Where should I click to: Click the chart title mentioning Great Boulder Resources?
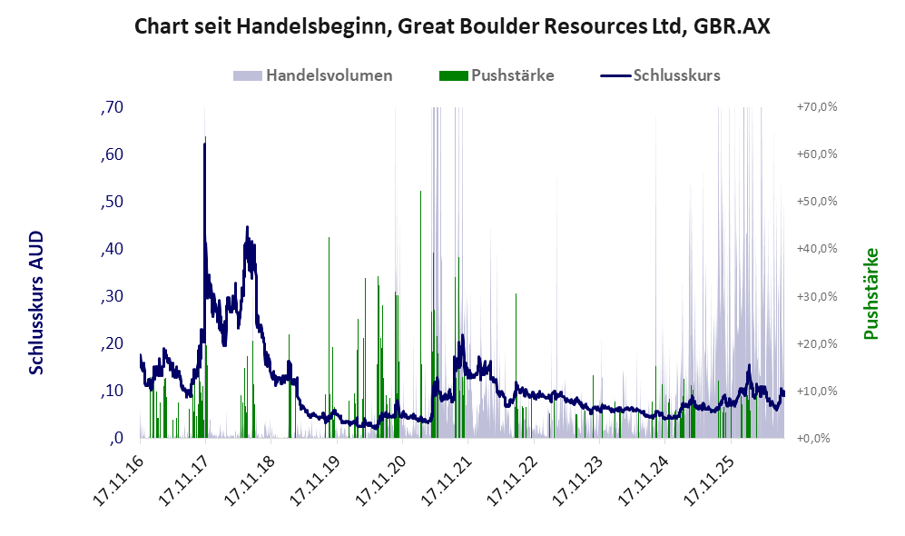coord(452,26)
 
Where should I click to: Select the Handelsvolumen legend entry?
coord(313,75)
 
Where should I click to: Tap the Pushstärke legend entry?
coord(497,75)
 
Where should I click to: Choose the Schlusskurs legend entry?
coord(660,75)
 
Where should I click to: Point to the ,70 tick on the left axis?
coord(112,107)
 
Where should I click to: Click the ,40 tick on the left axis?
coord(112,249)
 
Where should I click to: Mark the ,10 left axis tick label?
coord(112,391)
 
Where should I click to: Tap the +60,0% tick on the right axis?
coord(817,154)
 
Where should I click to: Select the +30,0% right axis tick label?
coord(817,296)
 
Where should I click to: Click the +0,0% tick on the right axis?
coord(814,439)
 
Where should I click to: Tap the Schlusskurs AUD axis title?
coord(35,303)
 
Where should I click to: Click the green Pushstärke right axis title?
coord(871,293)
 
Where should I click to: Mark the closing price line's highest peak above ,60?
coord(204,144)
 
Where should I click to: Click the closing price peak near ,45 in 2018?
coord(247,227)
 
